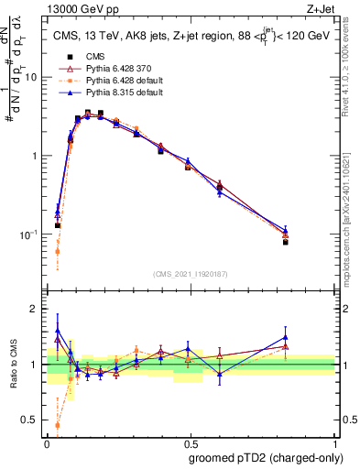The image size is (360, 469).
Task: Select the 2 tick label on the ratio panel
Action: [34, 309]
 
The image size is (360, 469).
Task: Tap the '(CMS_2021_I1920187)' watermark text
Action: [190, 274]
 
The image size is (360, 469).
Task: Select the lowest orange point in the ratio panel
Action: [58, 425]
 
